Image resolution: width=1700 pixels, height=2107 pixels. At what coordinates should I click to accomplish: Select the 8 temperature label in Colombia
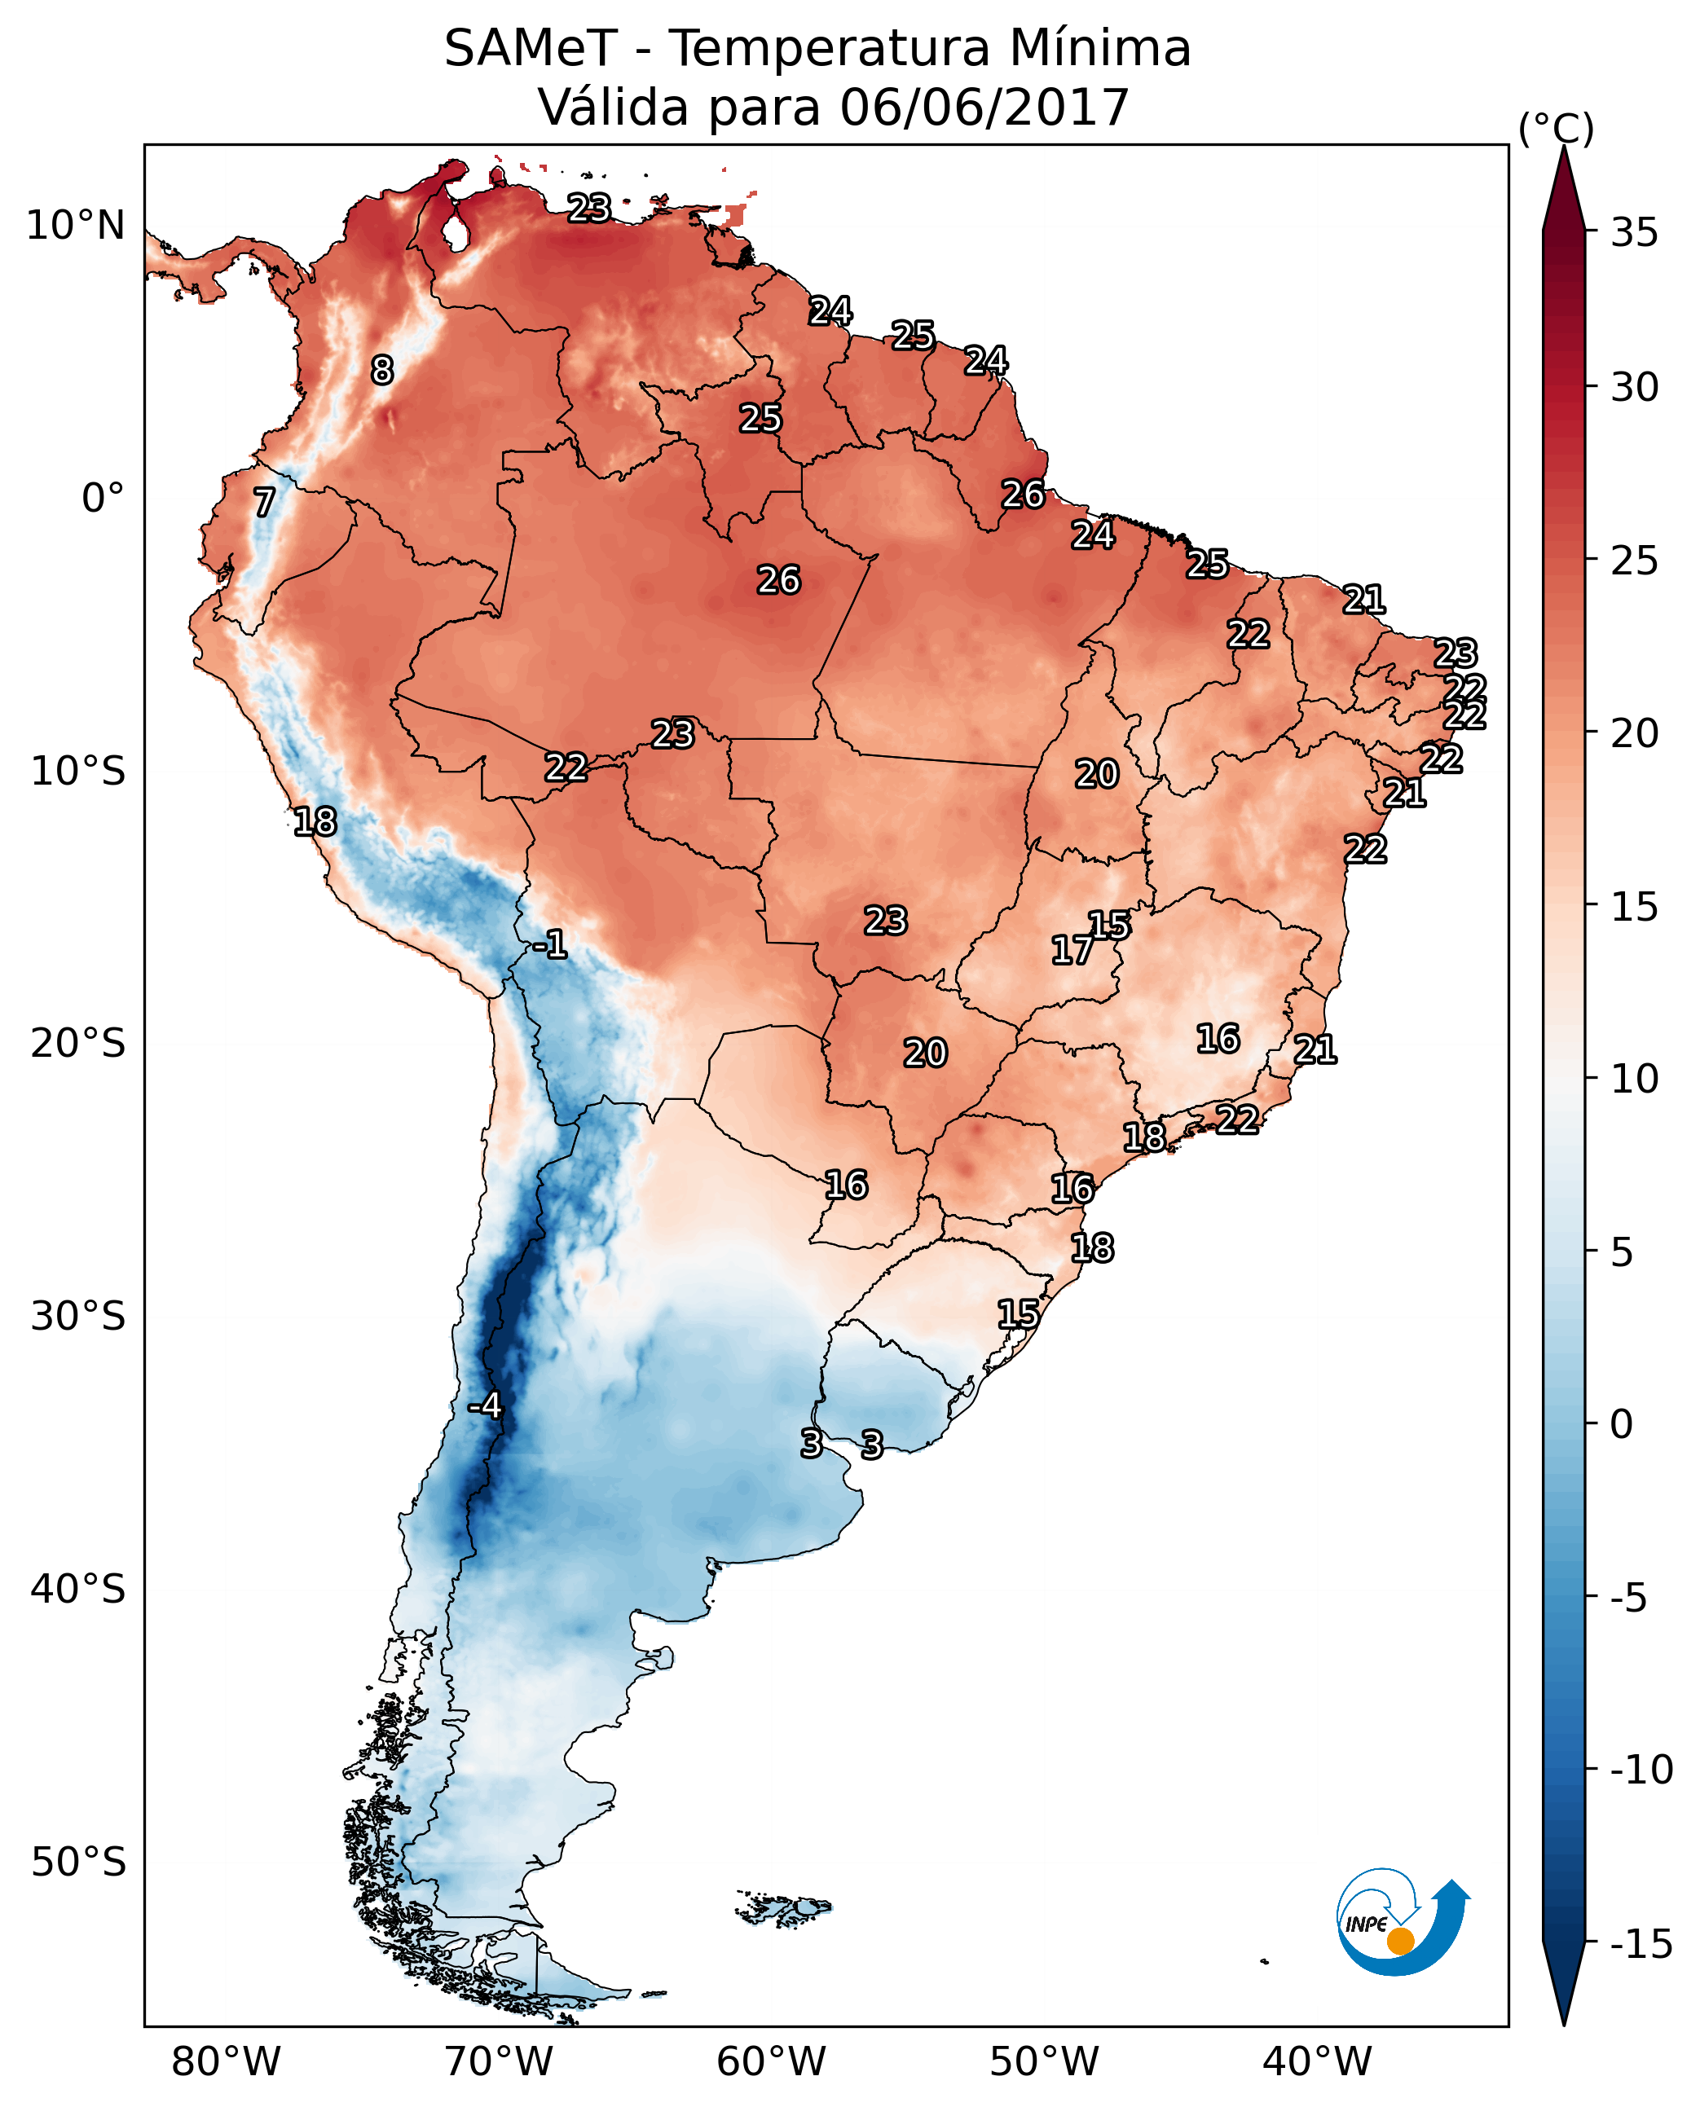[x=382, y=370]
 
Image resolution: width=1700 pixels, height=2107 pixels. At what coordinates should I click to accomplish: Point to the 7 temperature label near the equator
[x=264, y=502]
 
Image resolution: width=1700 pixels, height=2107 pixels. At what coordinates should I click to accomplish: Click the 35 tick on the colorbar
[x=1634, y=233]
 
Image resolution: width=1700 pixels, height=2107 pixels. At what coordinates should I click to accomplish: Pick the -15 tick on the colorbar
[x=1641, y=1943]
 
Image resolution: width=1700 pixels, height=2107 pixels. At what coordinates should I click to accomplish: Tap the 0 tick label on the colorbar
[x=1622, y=1424]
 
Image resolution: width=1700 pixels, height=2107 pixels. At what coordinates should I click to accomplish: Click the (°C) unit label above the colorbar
[x=1556, y=128]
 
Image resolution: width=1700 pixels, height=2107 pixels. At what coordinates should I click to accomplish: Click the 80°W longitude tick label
[x=227, y=2061]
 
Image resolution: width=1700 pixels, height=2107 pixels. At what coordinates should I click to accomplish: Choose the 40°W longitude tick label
[x=1317, y=2061]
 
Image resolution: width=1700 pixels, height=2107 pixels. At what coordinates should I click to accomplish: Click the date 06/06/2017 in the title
[x=984, y=107]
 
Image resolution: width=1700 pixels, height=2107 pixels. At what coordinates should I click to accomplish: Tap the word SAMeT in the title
[x=531, y=48]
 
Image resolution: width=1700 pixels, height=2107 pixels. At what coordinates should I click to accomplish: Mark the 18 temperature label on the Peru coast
[x=315, y=821]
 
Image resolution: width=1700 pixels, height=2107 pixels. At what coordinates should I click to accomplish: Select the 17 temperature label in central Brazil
[x=1072, y=950]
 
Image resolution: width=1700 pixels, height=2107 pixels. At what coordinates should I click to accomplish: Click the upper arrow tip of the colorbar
[x=1564, y=149]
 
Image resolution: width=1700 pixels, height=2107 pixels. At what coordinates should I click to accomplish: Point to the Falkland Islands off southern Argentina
[x=783, y=1907]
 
